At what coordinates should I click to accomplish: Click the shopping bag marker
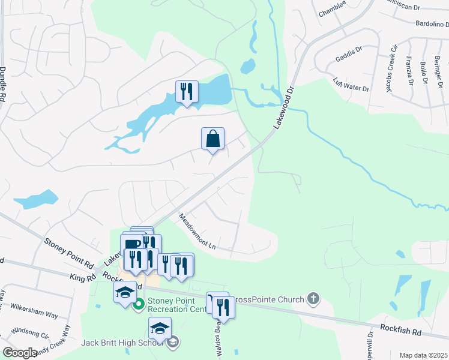tap(212, 139)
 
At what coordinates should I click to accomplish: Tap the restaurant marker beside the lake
tap(187, 92)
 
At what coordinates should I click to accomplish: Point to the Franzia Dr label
tap(410, 71)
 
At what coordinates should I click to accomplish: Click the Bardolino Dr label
tap(424, 25)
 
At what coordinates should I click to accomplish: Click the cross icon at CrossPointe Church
tap(312, 298)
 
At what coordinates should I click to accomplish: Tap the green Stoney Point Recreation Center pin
tap(139, 304)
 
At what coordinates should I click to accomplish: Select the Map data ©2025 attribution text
tap(423, 355)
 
